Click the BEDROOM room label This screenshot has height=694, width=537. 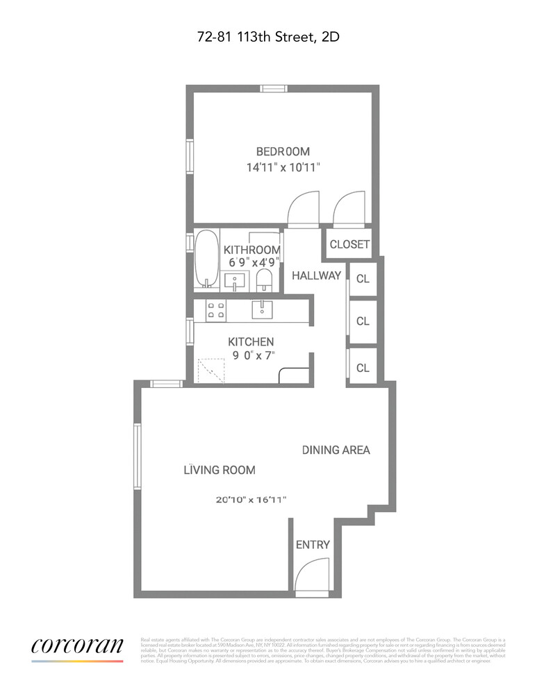(283, 151)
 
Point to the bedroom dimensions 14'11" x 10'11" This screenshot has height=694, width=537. (283, 167)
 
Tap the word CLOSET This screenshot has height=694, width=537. (349, 244)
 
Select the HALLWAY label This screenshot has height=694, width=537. (316, 276)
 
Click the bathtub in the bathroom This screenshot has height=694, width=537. (205, 259)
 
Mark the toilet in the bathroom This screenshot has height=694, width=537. (264, 281)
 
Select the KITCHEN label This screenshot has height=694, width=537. (251, 341)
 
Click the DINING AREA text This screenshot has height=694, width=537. (336, 450)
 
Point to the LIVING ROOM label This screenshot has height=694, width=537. (219, 470)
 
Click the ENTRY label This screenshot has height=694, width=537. (313, 545)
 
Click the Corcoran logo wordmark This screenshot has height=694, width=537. (77, 645)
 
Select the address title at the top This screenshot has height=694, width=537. (268, 37)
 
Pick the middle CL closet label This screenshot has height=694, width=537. (363, 321)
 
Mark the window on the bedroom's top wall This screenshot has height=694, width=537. (274, 88)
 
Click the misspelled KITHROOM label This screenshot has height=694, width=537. (252, 250)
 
